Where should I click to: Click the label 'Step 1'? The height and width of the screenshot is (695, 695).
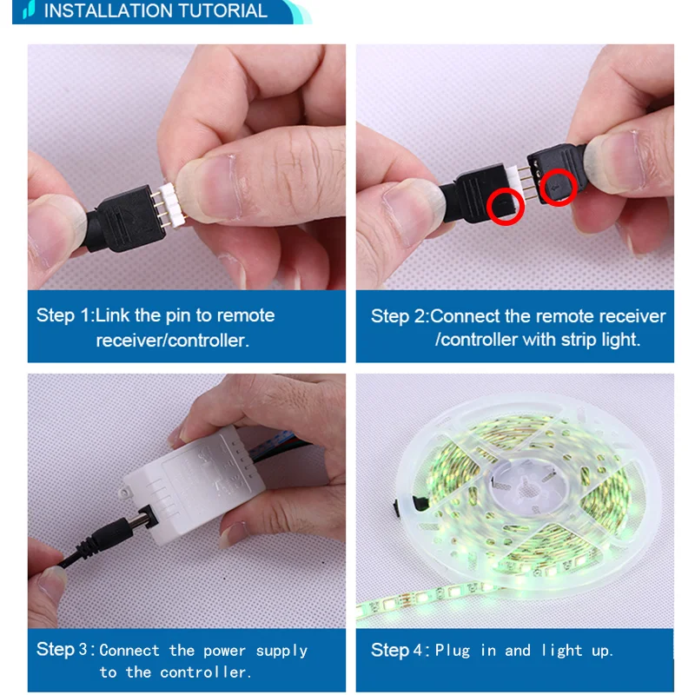pyautogui.click(x=63, y=315)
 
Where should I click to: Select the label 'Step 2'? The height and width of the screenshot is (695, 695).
pyautogui.click(x=399, y=316)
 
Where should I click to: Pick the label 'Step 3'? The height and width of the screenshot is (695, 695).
pyautogui.click(x=63, y=650)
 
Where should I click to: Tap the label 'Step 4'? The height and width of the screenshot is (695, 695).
pyautogui.click(x=398, y=650)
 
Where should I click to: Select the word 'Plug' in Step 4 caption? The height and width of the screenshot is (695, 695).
pyautogui.click(x=453, y=650)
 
